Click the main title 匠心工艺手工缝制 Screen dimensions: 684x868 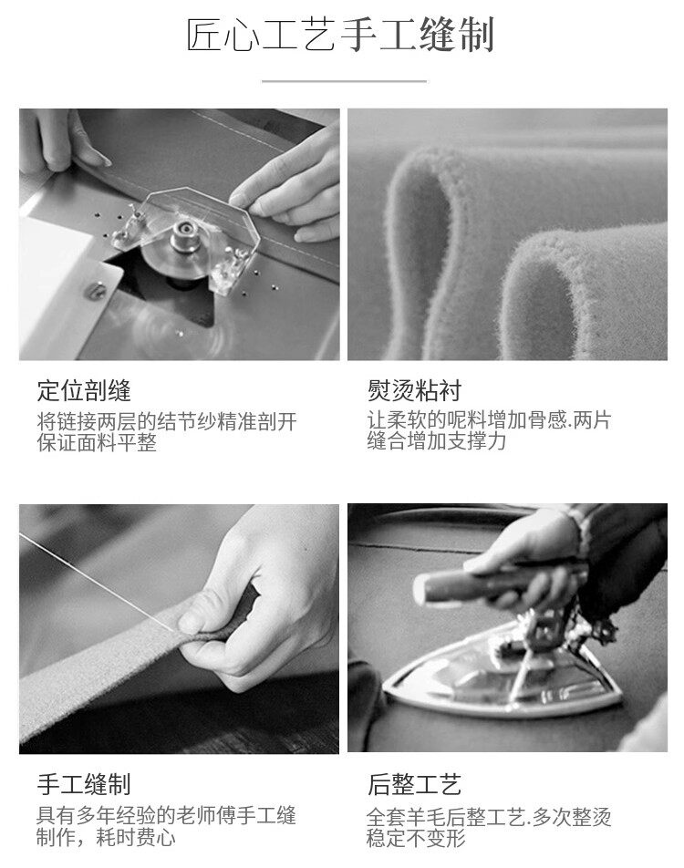[340, 36]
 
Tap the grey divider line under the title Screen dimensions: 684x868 [344, 81]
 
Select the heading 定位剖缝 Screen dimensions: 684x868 [84, 390]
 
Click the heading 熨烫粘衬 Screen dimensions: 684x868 [414, 390]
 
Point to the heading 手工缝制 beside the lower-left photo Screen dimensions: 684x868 [84, 784]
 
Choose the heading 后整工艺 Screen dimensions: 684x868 [414, 784]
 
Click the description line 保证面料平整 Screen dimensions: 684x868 [97, 442]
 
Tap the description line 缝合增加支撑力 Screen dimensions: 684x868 [437, 441]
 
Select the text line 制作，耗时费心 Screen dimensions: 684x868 [107, 836]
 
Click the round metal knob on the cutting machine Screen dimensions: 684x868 [183, 234]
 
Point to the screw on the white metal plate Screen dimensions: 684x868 [97, 290]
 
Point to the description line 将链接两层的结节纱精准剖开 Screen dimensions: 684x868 [167, 422]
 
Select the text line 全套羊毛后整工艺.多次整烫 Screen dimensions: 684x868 [489, 817]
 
